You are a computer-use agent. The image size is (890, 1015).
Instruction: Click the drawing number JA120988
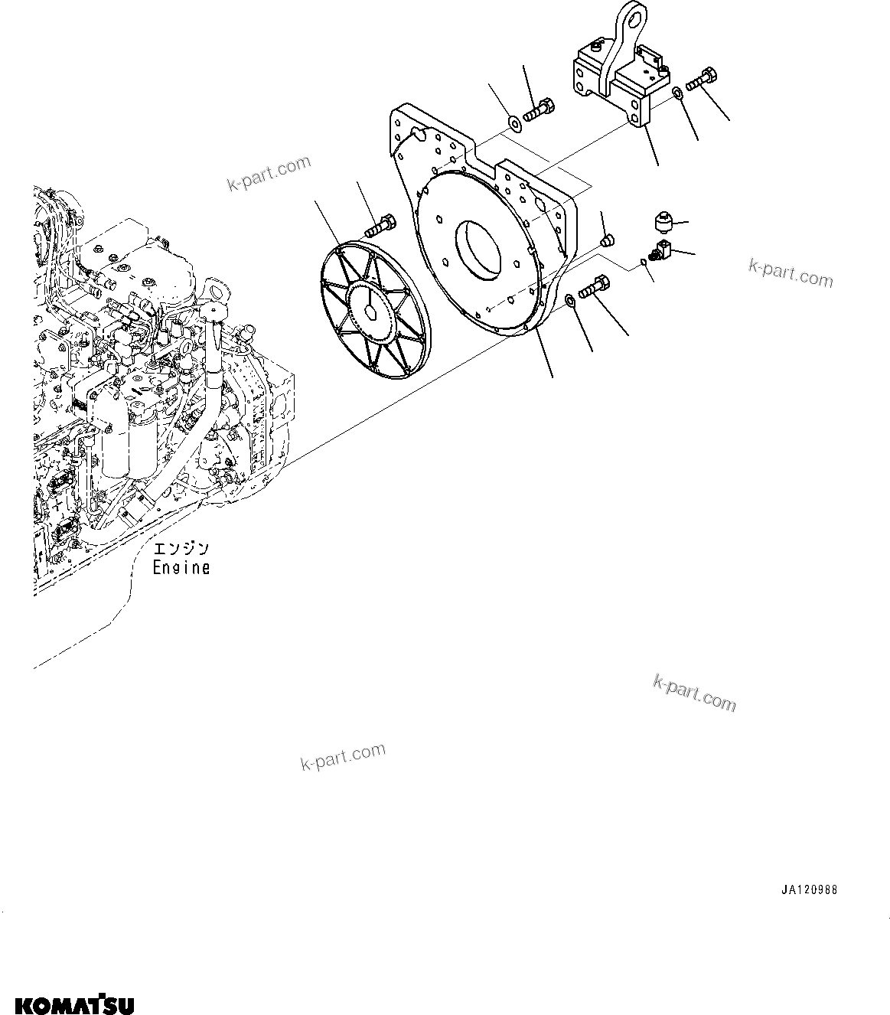click(x=809, y=890)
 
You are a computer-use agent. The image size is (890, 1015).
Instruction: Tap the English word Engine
click(x=181, y=567)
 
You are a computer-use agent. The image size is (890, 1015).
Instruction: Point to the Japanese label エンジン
click(x=181, y=549)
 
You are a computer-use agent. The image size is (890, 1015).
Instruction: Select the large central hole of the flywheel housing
click(x=479, y=250)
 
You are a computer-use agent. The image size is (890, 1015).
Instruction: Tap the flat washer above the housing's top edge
click(x=514, y=121)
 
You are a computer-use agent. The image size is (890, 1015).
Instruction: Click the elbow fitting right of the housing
click(x=660, y=249)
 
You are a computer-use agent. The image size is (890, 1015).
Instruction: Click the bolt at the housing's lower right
click(x=594, y=289)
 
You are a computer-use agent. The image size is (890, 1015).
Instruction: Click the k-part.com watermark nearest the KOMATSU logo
click(x=343, y=757)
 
